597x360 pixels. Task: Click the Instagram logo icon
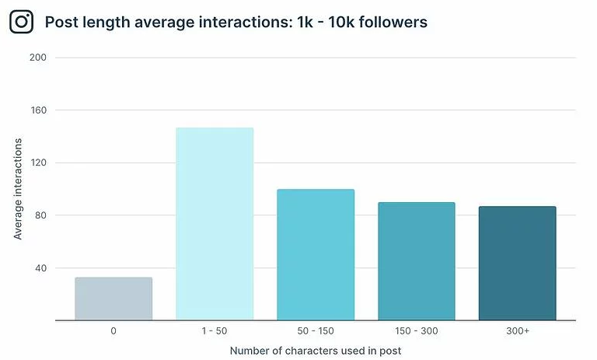(22, 22)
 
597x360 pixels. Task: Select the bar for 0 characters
(113, 299)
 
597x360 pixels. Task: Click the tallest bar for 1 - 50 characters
(215, 224)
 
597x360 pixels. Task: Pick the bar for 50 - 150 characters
(316, 254)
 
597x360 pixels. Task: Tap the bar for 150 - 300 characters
(416, 261)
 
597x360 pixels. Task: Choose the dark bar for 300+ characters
(517, 263)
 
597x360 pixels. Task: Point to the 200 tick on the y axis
(38, 58)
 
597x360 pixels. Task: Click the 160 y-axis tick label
(38, 110)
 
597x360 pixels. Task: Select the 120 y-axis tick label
(38, 163)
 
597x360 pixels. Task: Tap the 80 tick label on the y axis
(40, 215)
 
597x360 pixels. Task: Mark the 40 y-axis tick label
(40, 268)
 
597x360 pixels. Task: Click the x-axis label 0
(113, 331)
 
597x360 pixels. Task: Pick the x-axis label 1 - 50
(215, 331)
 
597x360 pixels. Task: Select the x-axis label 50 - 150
(316, 331)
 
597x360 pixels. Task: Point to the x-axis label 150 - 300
(416, 331)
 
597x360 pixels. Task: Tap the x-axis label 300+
(517, 331)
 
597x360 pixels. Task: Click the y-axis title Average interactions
(18, 188)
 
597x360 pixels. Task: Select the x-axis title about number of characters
(316, 351)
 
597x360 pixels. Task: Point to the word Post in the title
(60, 22)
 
